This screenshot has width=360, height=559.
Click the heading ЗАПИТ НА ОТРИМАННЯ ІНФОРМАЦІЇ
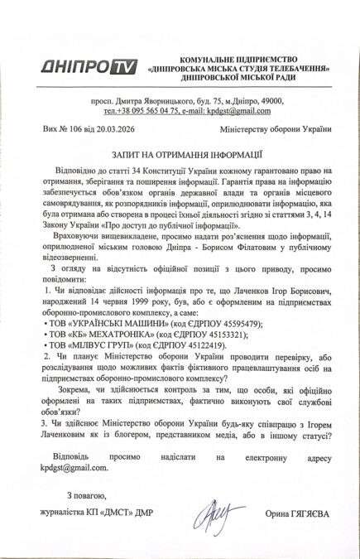[x=180, y=153]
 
